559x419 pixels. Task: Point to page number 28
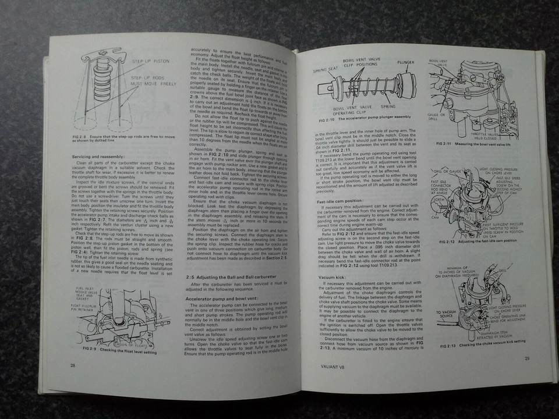[73, 365]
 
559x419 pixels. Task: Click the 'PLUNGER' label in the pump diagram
[405, 61]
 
